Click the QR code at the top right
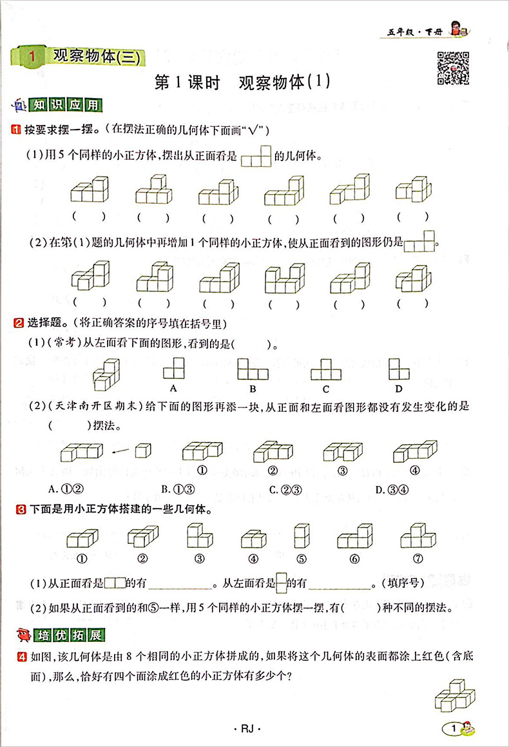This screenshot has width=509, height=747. click(x=454, y=66)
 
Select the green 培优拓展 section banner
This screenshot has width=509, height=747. click(x=77, y=635)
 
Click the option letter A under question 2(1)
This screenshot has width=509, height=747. click(x=173, y=388)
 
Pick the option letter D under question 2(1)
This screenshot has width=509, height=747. click(x=399, y=388)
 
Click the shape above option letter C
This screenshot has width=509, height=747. click(x=326, y=370)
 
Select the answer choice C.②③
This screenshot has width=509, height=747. click(x=285, y=490)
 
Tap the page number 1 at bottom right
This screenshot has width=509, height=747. click(x=455, y=728)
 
